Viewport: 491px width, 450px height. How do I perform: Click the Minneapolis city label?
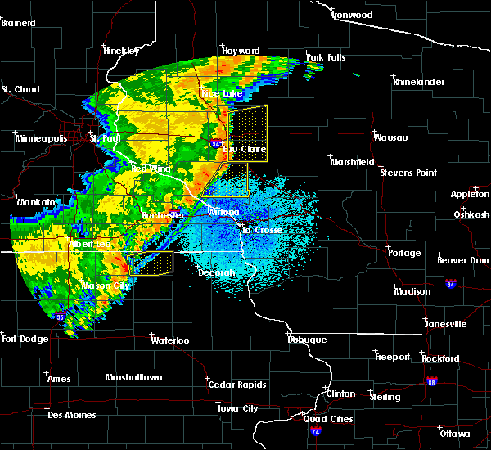pos(41,138)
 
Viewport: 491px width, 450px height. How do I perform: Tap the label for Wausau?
pos(390,137)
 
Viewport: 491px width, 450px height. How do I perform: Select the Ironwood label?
pos(353,15)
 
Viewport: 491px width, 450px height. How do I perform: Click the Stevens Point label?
pos(409,173)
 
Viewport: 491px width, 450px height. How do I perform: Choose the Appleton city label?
pos(470,194)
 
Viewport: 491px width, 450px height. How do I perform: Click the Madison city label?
pos(412,291)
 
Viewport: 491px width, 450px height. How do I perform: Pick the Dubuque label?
pos(308,340)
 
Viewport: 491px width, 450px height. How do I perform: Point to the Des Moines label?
pos(71,415)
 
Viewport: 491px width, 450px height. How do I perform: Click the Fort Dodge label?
pos(21,339)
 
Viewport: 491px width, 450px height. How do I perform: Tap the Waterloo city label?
pos(170,340)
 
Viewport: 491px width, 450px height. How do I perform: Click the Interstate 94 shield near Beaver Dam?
pos(451,284)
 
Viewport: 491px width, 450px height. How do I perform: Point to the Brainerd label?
pos(18,23)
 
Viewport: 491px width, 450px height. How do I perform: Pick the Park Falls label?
pos(326,56)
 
